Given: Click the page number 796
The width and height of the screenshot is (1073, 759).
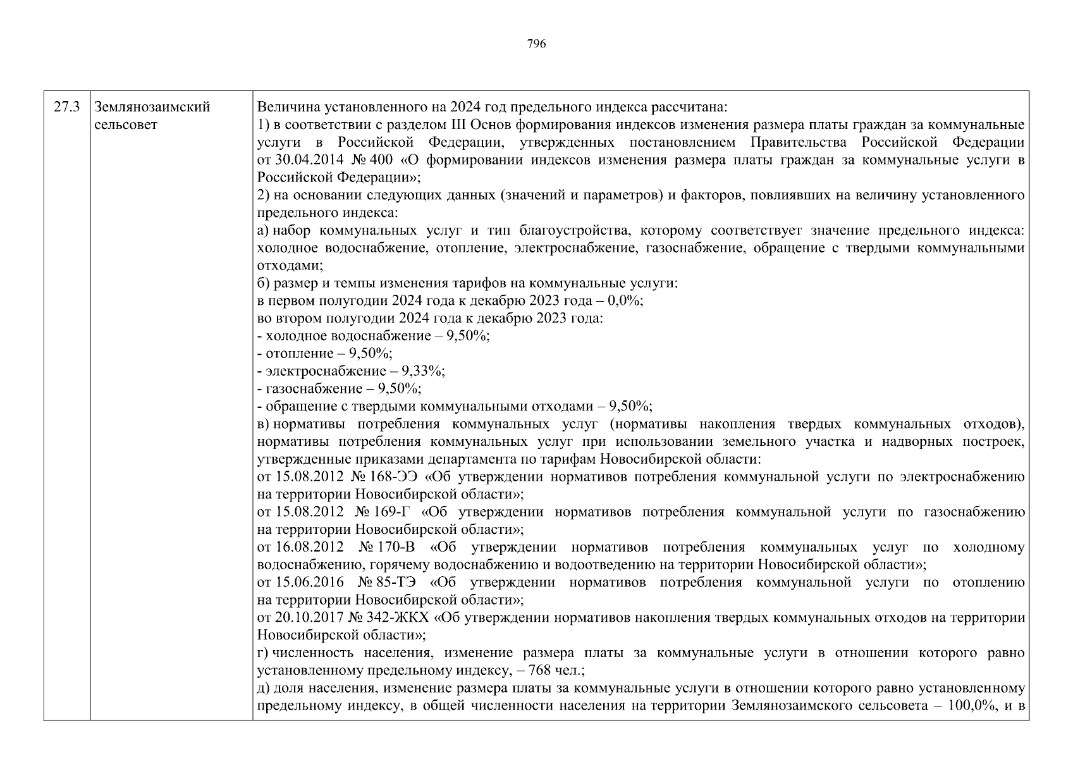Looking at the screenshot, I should pos(536,44).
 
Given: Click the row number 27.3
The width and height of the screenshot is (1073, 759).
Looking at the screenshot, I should pos(66,107).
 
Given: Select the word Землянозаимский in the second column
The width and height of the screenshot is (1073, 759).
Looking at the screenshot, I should pos(152,107).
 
